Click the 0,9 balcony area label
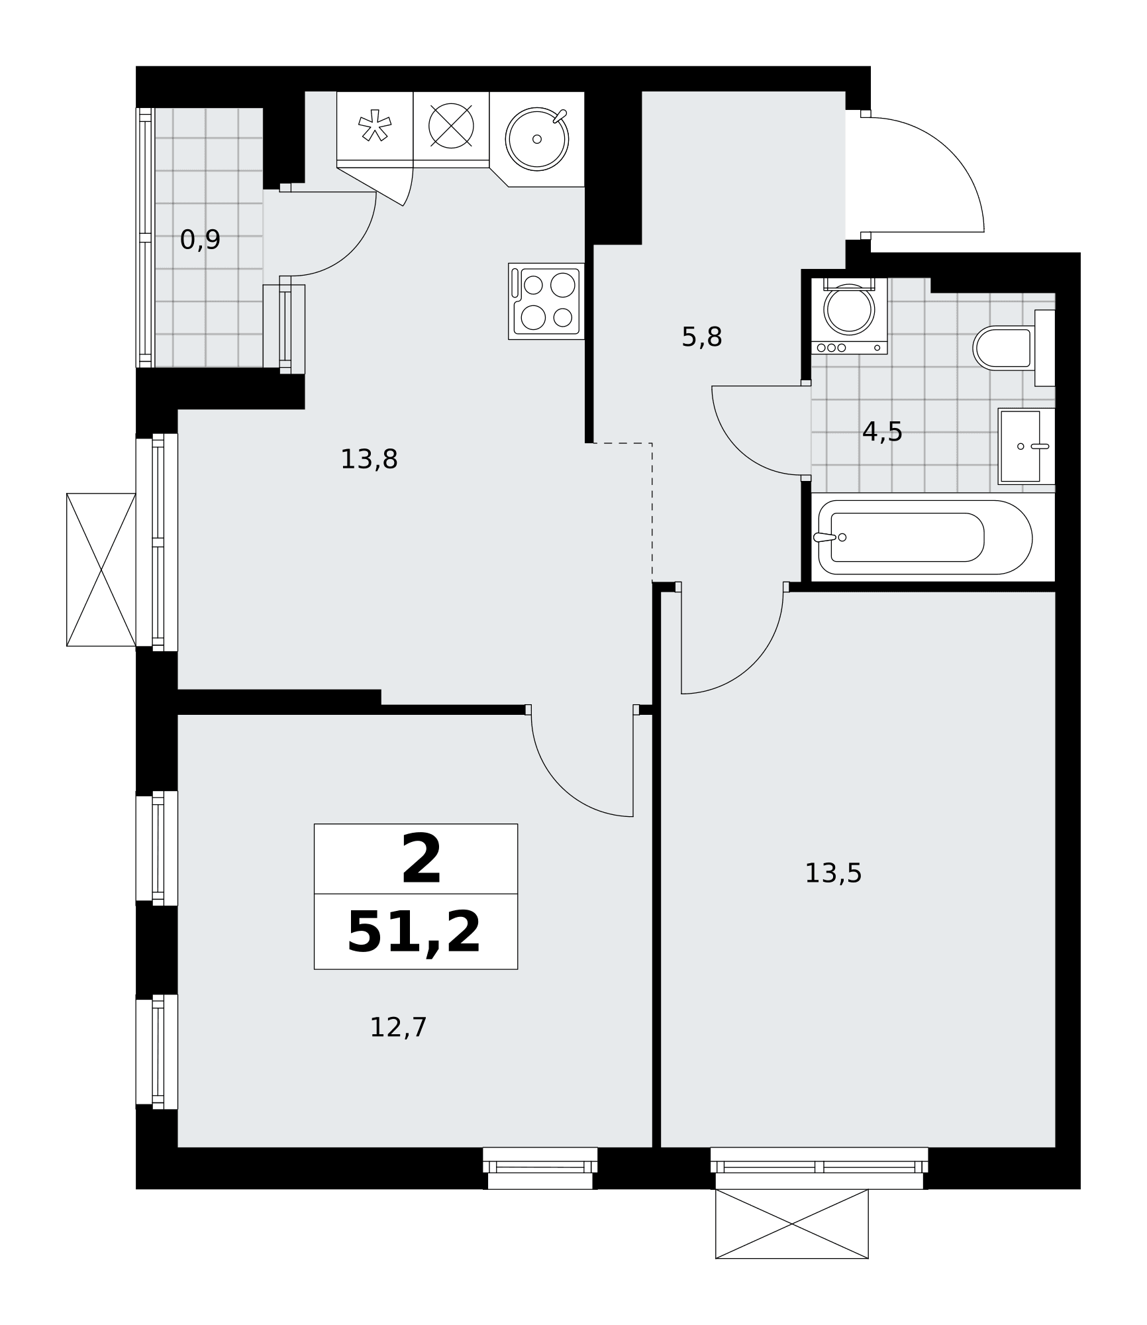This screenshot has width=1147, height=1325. pos(200,240)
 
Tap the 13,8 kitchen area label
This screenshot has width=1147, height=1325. pos(369,459)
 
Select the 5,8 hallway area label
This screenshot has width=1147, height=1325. pos(701,337)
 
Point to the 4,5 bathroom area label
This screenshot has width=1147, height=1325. pos(882,432)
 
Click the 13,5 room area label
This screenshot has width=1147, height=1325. pos(833,873)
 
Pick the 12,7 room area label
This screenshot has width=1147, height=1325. pos(398,1028)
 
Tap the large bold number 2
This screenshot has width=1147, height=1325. pos(421,859)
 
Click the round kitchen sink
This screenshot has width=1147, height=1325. pos(537,138)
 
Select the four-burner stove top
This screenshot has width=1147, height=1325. pos(546,301)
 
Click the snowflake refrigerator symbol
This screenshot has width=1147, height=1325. pos(375,125)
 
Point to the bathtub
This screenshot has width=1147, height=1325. pos(925,537)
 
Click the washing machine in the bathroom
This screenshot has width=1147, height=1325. pos(849,315)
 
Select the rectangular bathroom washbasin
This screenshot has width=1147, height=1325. pos(1026,446)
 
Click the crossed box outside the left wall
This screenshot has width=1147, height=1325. pos(101,570)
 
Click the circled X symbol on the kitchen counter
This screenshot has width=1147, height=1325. pos(451,126)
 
